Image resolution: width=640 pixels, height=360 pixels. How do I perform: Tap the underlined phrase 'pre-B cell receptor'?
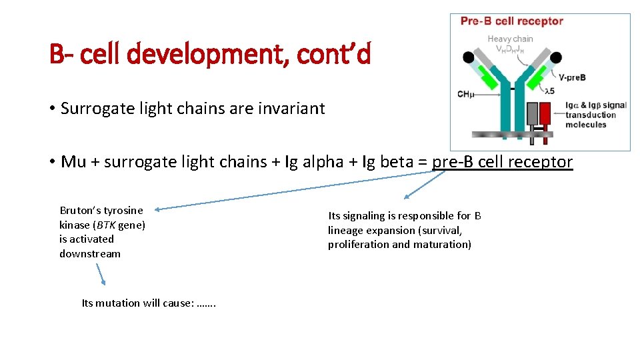pyautogui.click(x=503, y=162)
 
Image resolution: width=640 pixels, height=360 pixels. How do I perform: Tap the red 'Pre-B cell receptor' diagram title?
pyautogui.click(x=511, y=21)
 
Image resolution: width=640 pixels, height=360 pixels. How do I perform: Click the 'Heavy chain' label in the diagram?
pyautogui.click(x=510, y=39)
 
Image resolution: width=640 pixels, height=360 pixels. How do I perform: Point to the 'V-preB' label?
pyautogui.click(x=572, y=77)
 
